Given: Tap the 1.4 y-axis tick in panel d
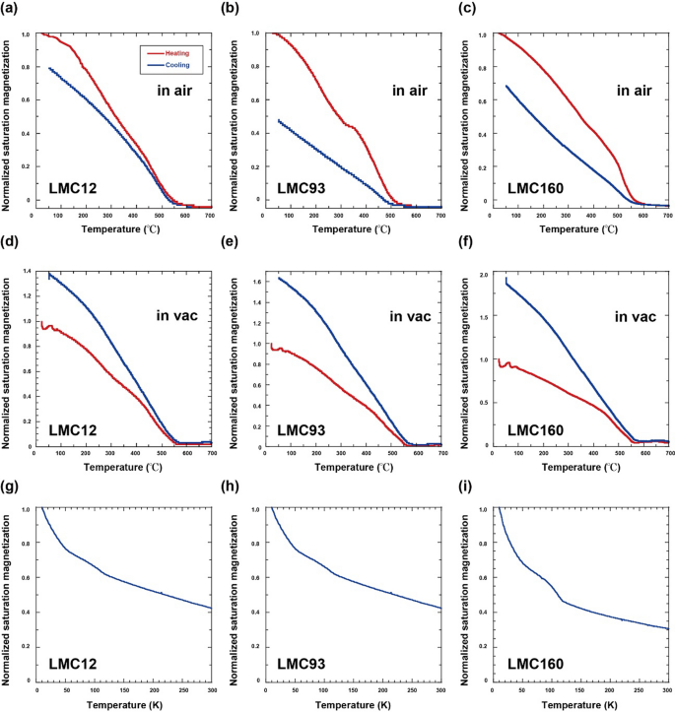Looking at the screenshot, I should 27,270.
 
